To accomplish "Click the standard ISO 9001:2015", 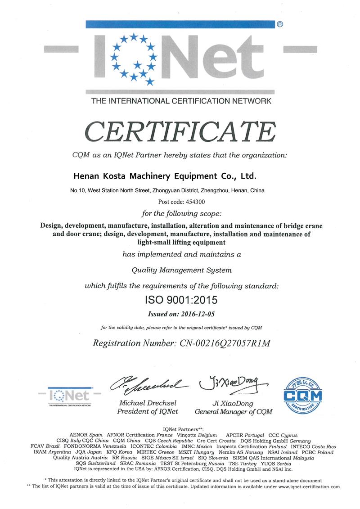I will (x=180, y=299).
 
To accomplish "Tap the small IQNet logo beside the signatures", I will (x=71, y=396).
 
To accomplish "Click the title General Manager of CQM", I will (x=234, y=411).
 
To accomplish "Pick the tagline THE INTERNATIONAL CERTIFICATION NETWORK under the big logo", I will (x=181, y=101).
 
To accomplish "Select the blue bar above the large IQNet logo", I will (x=180, y=24).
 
